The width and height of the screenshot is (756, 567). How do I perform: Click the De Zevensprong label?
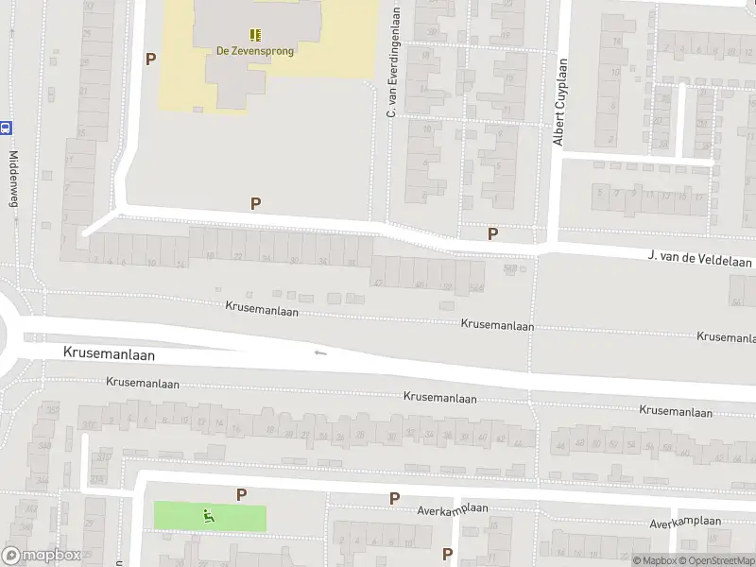(x=256, y=51)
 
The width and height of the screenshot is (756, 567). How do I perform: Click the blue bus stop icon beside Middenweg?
(x=6, y=127)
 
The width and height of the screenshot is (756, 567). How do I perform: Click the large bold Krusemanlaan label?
(x=109, y=352)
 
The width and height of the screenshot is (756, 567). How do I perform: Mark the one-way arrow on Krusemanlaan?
(x=320, y=352)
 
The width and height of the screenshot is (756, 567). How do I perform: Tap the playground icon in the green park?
(x=209, y=516)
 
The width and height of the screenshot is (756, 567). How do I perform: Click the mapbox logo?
(x=43, y=556)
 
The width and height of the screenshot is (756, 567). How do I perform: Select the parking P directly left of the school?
(x=150, y=59)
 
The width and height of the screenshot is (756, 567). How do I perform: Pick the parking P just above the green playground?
(x=241, y=493)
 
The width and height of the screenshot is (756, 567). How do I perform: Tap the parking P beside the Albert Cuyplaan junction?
(x=491, y=233)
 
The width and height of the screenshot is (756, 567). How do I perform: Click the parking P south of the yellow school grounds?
(x=255, y=203)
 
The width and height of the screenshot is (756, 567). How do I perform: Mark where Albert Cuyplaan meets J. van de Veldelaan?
(x=546, y=247)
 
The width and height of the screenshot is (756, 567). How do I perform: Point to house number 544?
(x=477, y=287)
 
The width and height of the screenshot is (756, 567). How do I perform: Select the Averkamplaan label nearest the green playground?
(x=454, y=508)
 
